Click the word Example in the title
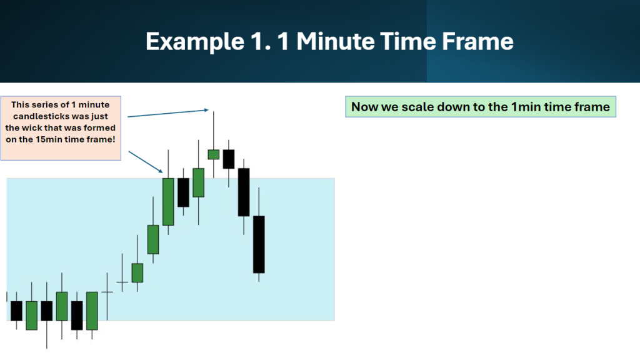[x=195, y=42]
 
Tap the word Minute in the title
[x=335, y=41]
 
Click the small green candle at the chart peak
[x=214, y=154]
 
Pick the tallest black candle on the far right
[x=259, y=244]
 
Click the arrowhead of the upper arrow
[x=206, y=110]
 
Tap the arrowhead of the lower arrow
[x=161, y=171]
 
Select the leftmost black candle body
[x=16, y=311]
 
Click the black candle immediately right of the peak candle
[x=229, y=159]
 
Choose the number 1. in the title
[x=261, y=41]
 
